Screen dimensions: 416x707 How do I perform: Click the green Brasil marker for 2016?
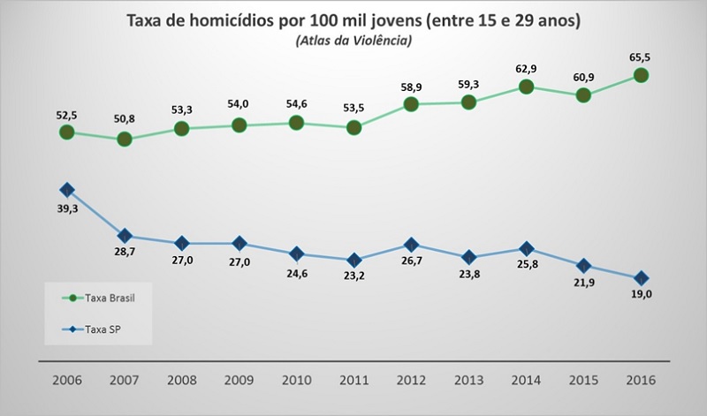[641, 76]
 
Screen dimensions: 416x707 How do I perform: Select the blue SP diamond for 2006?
[66, 190]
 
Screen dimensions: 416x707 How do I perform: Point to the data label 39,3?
[66, 209]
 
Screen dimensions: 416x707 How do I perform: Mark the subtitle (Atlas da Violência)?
[354, 39]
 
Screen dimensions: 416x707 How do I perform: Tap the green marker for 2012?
[411, 104]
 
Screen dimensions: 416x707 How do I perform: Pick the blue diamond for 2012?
[411, 245]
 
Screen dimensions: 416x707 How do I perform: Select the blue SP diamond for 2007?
[124, 236]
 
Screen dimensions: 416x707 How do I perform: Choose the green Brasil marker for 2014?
[526, 87]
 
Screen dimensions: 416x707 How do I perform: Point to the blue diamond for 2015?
[583, 266]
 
